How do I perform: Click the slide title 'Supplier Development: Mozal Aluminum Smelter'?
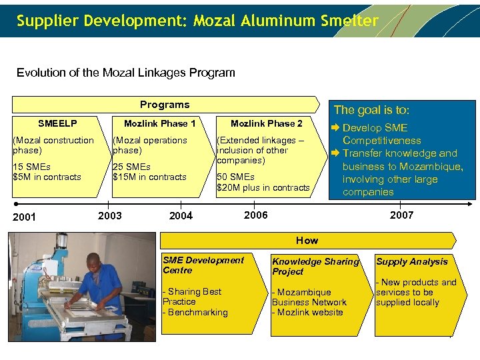(197, 21)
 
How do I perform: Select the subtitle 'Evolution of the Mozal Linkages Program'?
(125, 73)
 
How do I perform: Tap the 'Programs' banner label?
(165, 105)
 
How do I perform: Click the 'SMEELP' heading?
(57, 123)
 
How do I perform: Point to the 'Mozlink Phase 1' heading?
(160, 123)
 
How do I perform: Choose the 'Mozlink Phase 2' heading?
(266, 123)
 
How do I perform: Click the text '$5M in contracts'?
(47, 177)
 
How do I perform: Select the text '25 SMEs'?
(131, 167)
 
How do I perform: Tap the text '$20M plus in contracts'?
(263, 187)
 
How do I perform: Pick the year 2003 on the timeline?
(109, 215)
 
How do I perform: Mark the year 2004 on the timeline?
(181, 215)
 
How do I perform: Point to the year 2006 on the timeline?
(256, 215)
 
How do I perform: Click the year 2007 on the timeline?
(401, 215)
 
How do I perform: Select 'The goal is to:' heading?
(371, 110)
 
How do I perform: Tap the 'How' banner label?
(307, 240)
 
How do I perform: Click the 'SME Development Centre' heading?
(203, 265)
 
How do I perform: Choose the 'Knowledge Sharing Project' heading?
(315, 267)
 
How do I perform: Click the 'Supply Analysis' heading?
(411, 262)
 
